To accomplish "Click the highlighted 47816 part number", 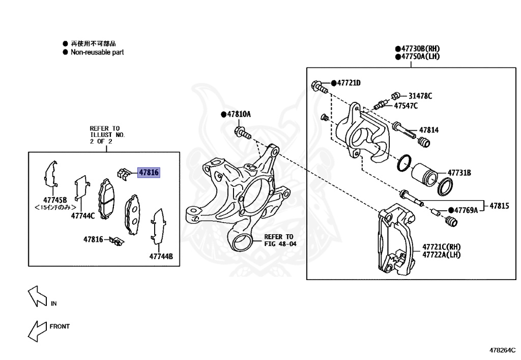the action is click(x=149, y=173).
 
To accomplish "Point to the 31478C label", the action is click(x=420, y=96).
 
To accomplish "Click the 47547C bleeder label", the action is click(x=406, y=105).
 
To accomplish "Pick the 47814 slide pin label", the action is click(x=428, y=130).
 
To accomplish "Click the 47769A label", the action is click(x=466, y=210).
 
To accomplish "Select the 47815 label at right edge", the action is click(x=499, y=206).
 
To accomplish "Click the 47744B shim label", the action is click(x=161, y=257).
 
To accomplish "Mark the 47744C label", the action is click(x=83, y=215).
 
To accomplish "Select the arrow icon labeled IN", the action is click(x=38, y=297).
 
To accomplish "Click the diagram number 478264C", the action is click(x=502, y=350).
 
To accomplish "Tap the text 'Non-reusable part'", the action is click(x=97, y=52).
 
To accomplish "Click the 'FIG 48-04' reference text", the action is click(x=279, y=244).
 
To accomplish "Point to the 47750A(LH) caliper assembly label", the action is click(x=420, y=57).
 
